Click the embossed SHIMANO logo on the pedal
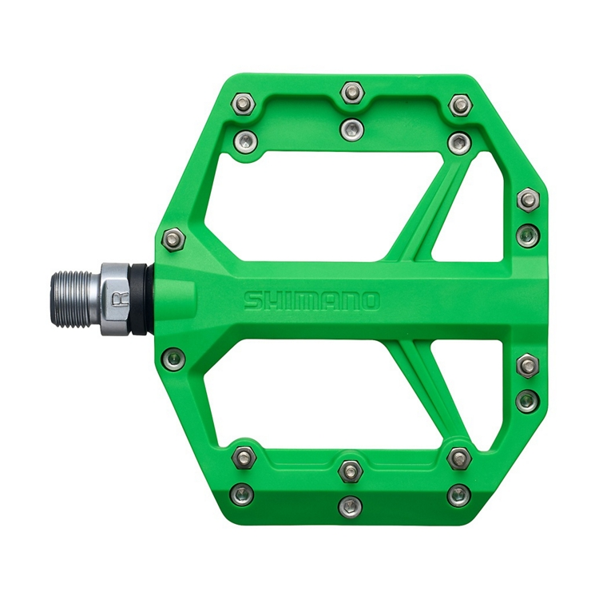tap(311, 301)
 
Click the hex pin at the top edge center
tap(351, 93)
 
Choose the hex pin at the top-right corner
tap(460, 105)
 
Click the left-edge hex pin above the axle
tap(173, 238)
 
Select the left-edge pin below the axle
tap(173, 357)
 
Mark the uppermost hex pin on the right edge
tap(527, 199)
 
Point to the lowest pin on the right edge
tap(526, 399)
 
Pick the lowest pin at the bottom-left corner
tap(242, 494)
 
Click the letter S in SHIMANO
tap(252, 301)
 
